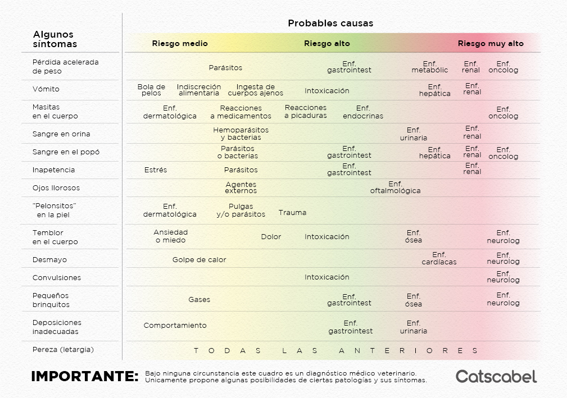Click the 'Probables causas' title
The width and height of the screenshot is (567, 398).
click(x=330, y=24)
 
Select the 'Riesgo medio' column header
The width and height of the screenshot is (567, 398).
click(x=180, y=44)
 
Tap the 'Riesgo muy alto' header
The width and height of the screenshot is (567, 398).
click(x=491, y=44)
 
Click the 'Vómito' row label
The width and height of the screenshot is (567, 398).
click(x=46, y=89)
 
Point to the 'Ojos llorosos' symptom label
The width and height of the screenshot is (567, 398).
click(x=56, y=188)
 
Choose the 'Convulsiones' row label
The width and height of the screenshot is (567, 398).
click(x=57, y=278)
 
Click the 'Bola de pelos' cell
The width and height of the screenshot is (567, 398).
click(x=152, y=90)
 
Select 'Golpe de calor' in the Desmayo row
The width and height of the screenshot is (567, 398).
click(x=199, y=260)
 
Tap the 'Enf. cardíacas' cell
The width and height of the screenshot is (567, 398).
click(x=439, y=258)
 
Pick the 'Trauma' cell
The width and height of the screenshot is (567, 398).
click(x=292, y=213)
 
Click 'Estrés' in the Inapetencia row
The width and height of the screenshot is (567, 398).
click(x=156, y=170)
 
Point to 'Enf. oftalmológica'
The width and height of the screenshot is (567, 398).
click(x=395, y=187)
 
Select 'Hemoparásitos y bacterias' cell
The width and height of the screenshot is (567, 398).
click(x=241, y=134)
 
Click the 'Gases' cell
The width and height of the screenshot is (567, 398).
click(x=199, y=300)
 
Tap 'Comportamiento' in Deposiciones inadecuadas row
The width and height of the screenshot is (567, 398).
click(x=175, y=326)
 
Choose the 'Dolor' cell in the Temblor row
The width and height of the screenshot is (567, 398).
click(x=271, y=237)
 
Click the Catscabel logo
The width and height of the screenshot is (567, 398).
click(x=496, y=376)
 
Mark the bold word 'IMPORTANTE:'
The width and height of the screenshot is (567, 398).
click(x=85, y=377)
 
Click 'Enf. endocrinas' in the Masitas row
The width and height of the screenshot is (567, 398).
click(x=363, y=112)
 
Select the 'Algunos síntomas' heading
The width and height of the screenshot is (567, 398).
click(x=55, y=39)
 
